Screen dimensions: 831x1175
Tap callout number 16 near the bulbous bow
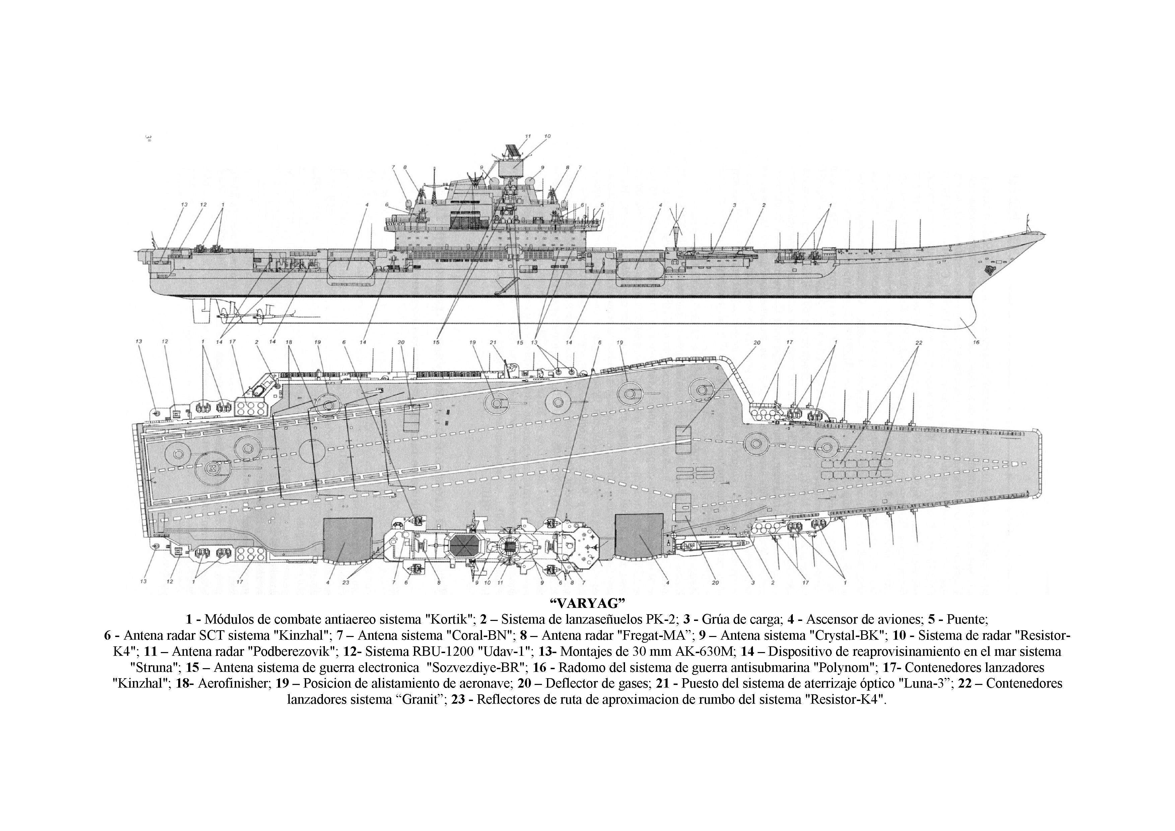976,342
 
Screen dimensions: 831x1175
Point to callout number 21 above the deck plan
493,342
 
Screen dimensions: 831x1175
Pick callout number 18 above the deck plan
289,342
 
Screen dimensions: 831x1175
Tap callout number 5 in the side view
602,205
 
